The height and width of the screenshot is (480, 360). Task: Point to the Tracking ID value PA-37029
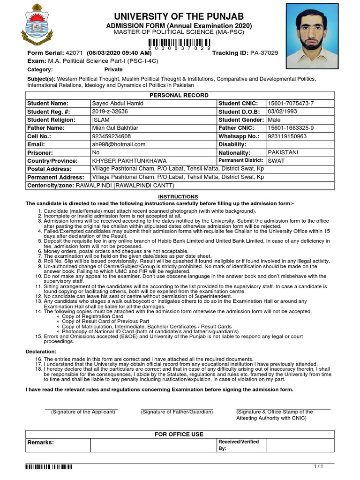pos(264,53)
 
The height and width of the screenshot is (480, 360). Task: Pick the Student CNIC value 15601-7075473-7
pos(290,103)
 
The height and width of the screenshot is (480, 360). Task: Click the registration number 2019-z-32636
pos(110,112)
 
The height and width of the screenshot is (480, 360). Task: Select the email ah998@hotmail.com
pos(119,144)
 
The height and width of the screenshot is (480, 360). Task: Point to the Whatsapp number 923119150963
pos(287,136)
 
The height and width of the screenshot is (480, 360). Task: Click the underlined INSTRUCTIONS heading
pos(178,197)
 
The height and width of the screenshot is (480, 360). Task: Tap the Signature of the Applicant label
pos(83,412)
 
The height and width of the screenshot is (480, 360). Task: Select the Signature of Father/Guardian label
pos(177,412)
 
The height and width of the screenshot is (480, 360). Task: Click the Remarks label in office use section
pos(41,442)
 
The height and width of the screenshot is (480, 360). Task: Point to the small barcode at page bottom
pos(49,467)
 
